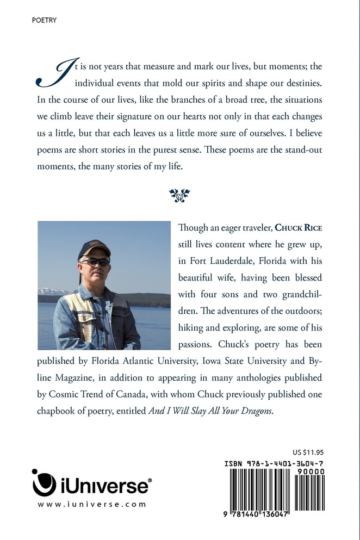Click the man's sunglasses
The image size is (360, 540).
(95, 262)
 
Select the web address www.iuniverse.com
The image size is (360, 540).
(92, 504)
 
